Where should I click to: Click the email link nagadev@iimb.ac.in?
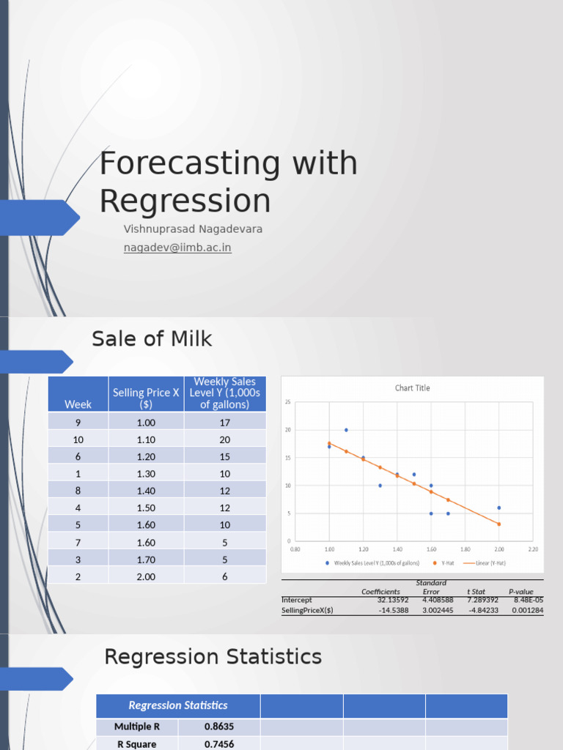(x=177, y=248)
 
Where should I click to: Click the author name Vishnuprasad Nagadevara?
(x=193, y=229)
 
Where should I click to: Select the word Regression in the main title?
(x=185, y=201)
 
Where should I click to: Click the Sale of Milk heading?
(x=152, y=338)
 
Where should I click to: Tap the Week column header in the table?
(x=78, y=404)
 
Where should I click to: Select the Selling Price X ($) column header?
(x=146, y=398)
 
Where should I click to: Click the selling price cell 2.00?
(x=146, y=576)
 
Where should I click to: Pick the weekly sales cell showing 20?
(x=224, y=439)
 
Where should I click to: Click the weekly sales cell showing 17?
(x=224, y=423)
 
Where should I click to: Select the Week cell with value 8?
(x=78, y=491)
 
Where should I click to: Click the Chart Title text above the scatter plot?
(x=413, y=388)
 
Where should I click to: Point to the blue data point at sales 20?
(x=346, y=430)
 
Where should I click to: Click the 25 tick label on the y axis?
(x=288, y=402)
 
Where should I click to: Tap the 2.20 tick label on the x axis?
(x=532, y=548)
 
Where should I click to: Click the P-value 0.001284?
(x=527, y=610)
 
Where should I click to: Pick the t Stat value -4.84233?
(x=482, y=610)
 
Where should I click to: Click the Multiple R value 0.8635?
(x=219, y=727)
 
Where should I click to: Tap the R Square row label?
(x=137, y=743)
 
